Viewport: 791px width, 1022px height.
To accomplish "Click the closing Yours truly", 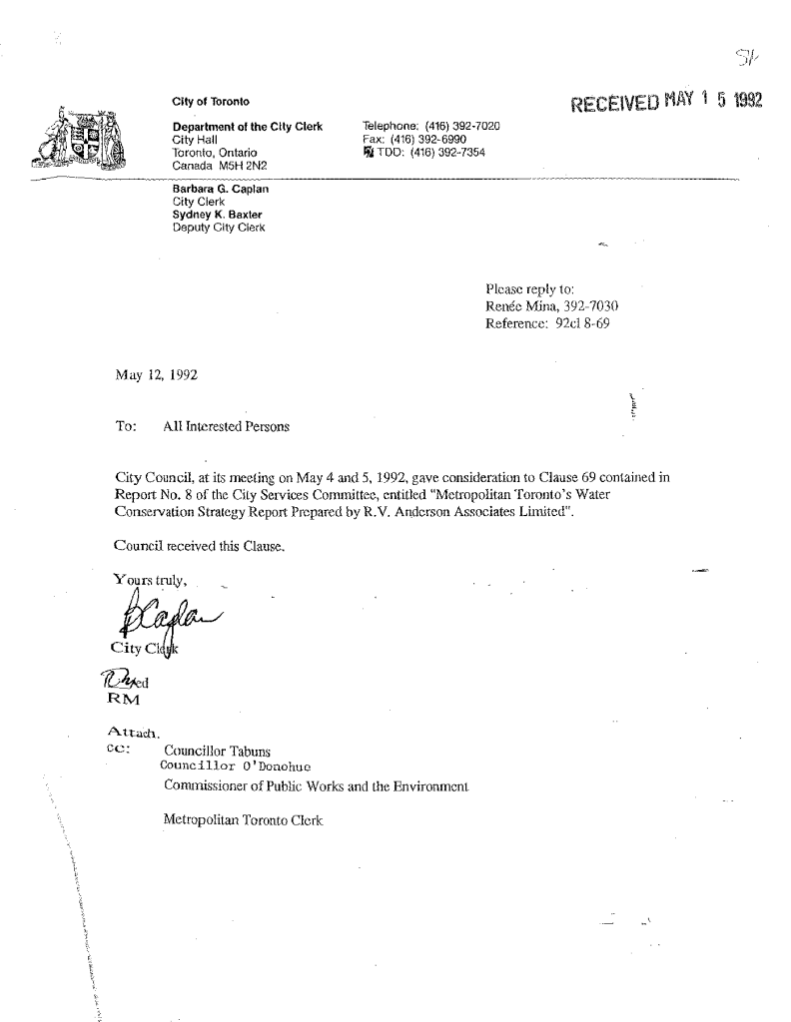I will [151, 578].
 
